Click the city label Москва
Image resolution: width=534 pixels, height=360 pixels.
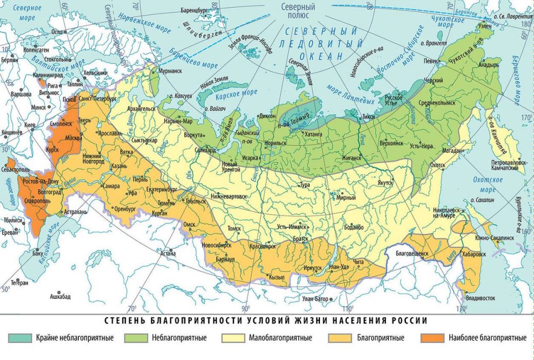click(73, 138)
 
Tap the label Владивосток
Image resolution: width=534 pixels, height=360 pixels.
click(479, 298)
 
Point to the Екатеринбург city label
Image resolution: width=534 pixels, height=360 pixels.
click(160, 189)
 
